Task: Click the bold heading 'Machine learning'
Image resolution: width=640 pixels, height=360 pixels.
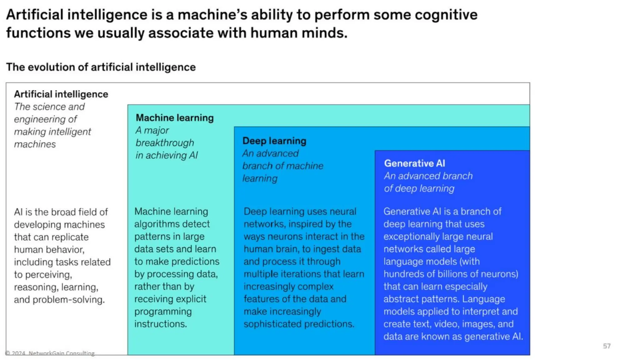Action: (175, 118)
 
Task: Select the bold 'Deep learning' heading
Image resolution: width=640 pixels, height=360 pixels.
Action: (274, 141)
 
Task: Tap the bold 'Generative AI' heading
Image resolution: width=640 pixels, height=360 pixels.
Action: (414, 163)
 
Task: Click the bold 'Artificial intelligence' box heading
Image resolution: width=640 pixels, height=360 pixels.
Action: (61, 94)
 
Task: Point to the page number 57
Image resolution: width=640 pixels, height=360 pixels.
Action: (607, 346)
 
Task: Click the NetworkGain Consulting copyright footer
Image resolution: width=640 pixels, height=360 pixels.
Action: (50, 353)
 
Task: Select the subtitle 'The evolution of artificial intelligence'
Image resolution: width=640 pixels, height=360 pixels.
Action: (101, 67)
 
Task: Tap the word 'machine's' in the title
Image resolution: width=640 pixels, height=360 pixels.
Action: (212, 15)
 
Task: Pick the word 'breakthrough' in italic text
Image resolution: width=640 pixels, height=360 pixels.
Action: (165, 143)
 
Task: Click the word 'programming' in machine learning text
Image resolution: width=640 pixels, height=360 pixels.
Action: (163, 312)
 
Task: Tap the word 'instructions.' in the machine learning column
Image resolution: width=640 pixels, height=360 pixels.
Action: (160, 324)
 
